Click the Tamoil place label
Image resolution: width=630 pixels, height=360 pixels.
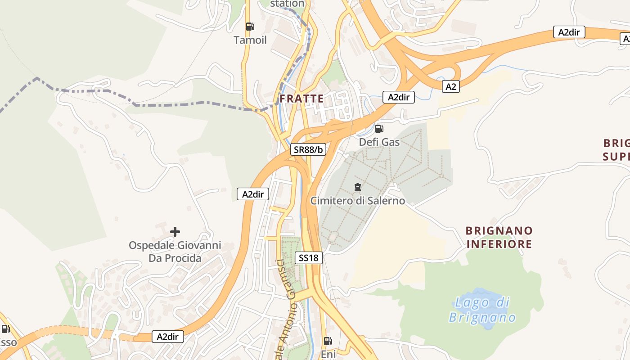tap(250, 40)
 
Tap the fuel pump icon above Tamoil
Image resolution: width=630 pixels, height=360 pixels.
tap(250, 27)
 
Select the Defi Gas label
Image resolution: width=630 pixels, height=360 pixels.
tap(379, 142)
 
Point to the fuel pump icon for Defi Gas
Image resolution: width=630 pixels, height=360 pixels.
tap(379, 129)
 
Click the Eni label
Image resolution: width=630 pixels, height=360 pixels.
tap(328, 355)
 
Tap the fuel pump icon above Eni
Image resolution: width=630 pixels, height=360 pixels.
tap(328, 341)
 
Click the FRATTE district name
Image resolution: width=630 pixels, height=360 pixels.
tap(301, 99)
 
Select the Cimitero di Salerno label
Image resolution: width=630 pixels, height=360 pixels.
tap(358, 201)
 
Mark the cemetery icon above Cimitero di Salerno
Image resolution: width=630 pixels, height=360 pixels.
tap(358, 187)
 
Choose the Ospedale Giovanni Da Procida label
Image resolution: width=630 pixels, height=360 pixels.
tap(175, 252)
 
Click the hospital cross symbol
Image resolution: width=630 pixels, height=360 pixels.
tap(175, 232)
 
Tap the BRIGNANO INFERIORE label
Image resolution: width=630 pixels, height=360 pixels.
tap(499, 238)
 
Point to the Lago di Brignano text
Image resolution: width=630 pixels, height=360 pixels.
tap(482, 310)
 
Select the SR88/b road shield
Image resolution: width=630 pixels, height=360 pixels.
tap(308, 150)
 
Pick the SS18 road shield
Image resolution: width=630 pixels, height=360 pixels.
tap(309, 258)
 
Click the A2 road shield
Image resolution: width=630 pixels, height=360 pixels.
tap(450, 87)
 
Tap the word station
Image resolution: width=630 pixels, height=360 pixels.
tap(287, 4)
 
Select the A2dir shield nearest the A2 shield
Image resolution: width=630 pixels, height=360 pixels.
tap(398, 97)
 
